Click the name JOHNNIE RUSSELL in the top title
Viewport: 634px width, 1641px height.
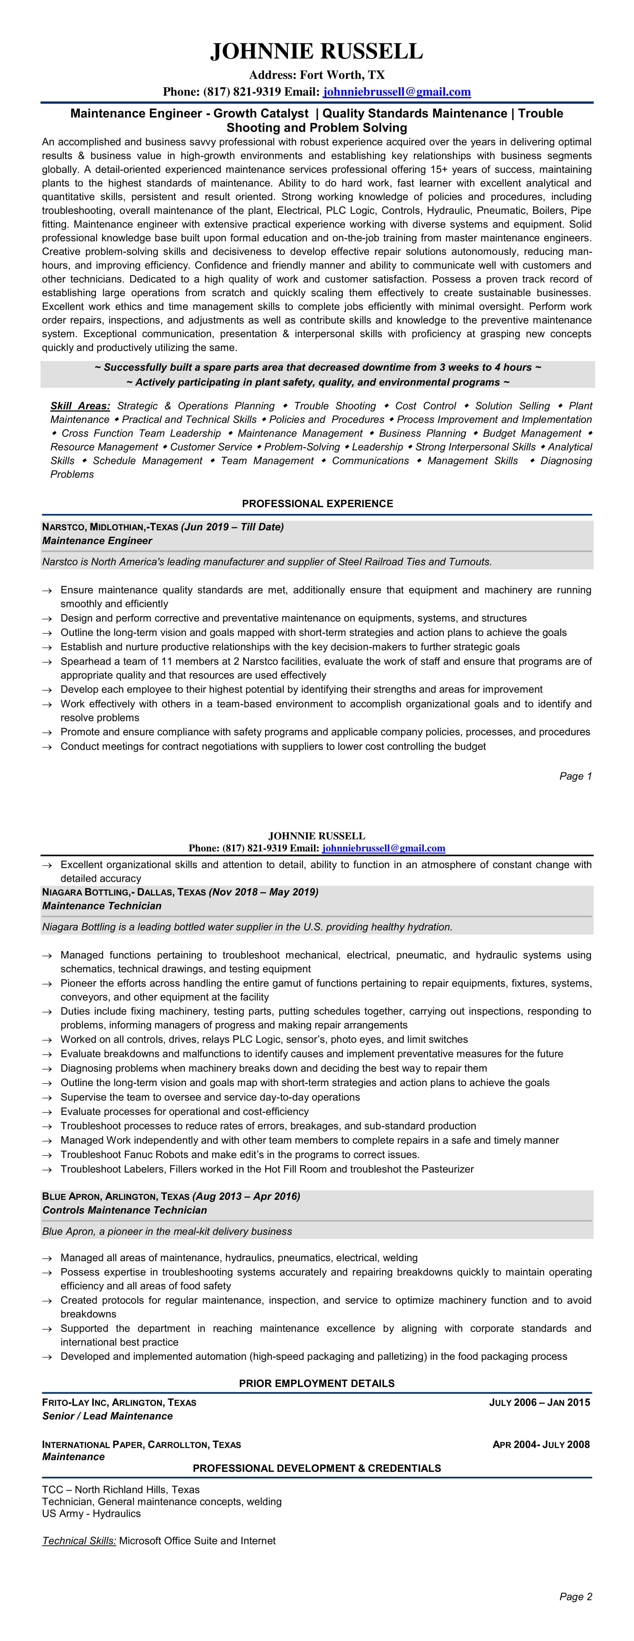click(317, 51)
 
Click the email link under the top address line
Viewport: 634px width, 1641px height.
click(396, 92)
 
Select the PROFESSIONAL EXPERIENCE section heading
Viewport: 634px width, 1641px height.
click(317, 503)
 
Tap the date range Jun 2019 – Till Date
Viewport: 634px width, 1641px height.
click(233, 527)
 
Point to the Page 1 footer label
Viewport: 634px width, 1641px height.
click(575, 776)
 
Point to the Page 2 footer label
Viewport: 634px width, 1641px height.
click(575, 1596)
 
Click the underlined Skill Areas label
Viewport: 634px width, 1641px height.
click(80, 406)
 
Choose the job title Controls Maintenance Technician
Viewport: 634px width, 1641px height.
click(124, 1210)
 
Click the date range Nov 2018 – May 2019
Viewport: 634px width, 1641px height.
click(263, 892)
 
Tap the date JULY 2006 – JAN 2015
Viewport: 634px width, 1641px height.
click(539, 1402)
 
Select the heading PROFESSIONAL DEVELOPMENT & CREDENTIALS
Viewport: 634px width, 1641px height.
click(317, 1468)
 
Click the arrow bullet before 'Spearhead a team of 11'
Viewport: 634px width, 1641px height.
click(47, 662)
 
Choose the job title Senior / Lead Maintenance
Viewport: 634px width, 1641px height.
click(107, 1415)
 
